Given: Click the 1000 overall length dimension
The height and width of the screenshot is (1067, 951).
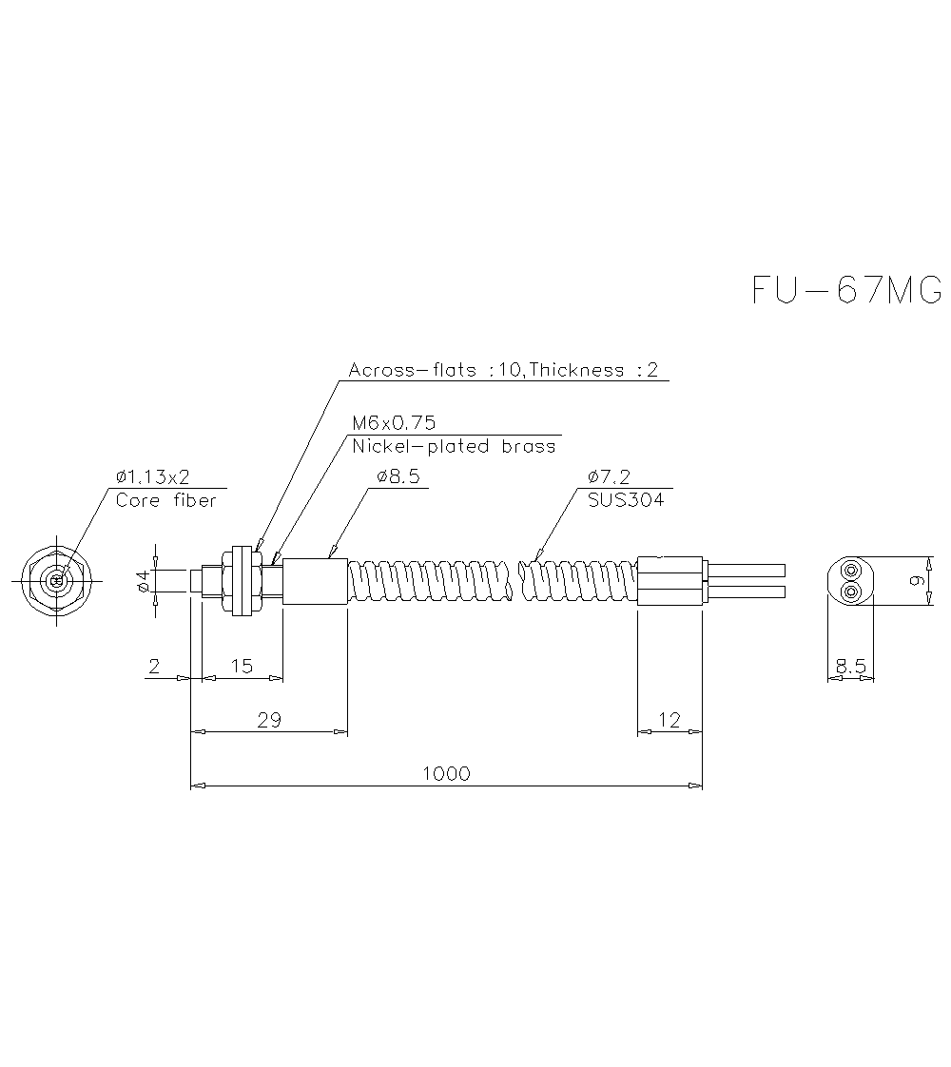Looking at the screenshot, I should pos(446,773).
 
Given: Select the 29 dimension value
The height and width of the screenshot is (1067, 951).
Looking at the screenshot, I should pos(269,720).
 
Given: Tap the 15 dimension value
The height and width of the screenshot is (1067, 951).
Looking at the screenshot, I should pos(243,666).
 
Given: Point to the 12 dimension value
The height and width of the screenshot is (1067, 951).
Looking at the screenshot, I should pos(670,720).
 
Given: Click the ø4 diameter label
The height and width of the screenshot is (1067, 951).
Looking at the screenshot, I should pos(144,581).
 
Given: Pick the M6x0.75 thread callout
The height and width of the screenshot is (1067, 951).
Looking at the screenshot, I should pos(394,423).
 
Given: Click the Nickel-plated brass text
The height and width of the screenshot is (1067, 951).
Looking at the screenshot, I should pos(454,446).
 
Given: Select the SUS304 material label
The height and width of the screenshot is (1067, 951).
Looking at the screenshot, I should pos(626,499).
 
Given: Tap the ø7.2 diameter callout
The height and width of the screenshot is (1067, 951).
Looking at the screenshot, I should pos(609,476).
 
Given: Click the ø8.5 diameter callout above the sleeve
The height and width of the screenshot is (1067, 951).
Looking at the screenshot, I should pos(395,476).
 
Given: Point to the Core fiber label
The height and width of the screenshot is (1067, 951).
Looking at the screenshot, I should pos(165,499).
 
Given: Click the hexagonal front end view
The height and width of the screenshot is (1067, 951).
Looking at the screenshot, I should pos(56,580).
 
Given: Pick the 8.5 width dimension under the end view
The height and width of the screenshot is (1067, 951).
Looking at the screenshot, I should pos(849,667).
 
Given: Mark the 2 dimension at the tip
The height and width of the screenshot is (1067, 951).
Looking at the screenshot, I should pos(154,666).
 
